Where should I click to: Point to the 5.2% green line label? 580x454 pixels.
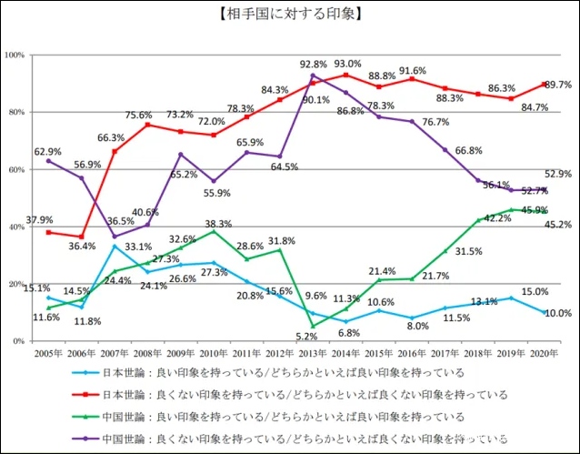coord(306,336)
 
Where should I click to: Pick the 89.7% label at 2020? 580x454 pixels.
coord(557,84)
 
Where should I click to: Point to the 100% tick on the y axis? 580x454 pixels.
coord(15,55)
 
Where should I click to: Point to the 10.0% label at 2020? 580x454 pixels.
coord(556,313)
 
